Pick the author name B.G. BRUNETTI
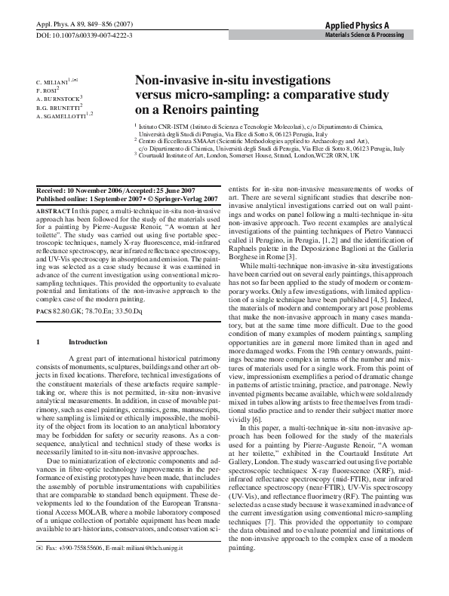tap(57, 108)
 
